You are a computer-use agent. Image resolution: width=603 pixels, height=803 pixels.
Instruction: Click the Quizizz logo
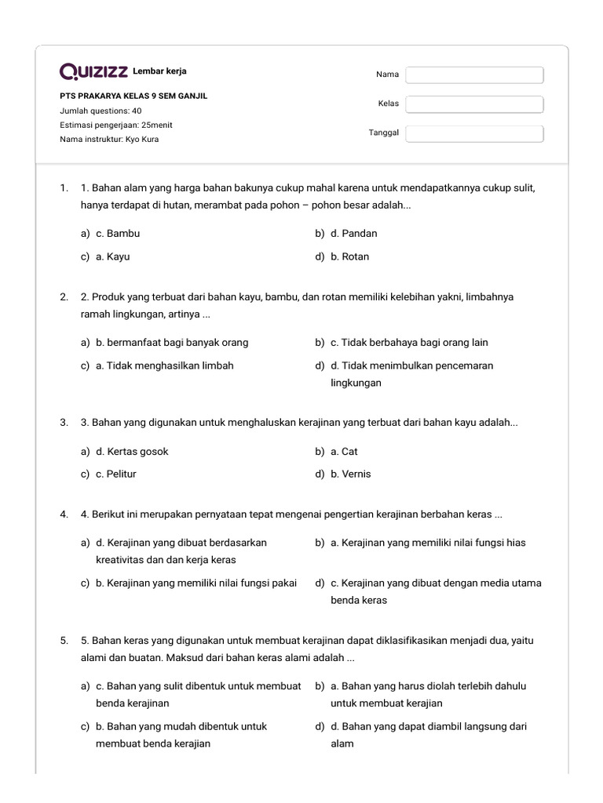coord(93,72)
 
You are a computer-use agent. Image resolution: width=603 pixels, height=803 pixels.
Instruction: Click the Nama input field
coord(474,74)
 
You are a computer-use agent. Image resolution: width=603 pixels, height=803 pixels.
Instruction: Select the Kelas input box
coord(474,104)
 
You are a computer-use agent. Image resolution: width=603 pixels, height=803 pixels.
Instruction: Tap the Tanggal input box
coord(474,133)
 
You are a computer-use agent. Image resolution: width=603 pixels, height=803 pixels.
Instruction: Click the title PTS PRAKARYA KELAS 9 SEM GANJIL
coord(133,96)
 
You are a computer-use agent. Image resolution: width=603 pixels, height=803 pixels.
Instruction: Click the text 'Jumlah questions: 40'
coord(100,111)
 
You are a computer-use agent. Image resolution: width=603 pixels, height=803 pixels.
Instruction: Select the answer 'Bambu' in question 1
coord(117,234)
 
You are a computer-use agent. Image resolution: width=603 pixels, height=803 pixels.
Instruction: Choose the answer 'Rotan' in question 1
coord(349,256)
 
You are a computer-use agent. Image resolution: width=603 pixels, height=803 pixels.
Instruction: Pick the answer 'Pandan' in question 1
coord(353,234)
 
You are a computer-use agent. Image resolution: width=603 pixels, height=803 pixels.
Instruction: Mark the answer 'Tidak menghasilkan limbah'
coord(164,365)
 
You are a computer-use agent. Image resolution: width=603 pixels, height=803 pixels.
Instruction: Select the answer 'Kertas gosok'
coord(132,452)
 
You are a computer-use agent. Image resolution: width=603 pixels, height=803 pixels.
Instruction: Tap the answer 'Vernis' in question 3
coord(350,474)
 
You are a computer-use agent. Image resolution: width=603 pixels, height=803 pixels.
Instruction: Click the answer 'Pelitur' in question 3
coord(115,474)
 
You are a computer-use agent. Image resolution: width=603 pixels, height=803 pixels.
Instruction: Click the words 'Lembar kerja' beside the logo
coord(159,71)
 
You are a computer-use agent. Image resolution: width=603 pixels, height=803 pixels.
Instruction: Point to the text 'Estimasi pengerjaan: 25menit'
coord(116,125)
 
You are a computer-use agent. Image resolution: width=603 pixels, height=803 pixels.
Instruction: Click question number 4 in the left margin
coord(64,514)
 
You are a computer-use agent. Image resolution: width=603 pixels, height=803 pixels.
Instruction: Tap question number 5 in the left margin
coord(64,641)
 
